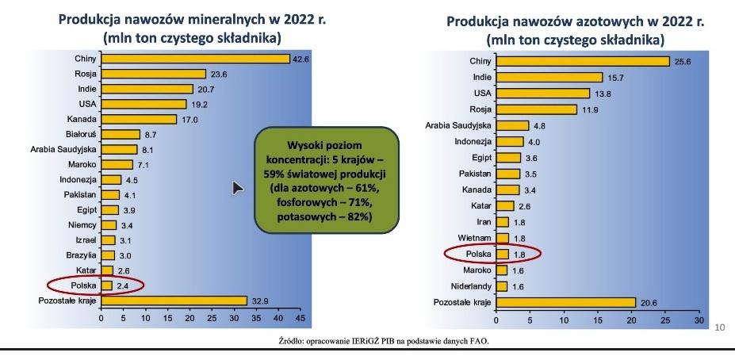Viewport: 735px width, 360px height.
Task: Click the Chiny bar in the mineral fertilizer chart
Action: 195,59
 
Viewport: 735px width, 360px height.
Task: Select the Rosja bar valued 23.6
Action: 153,74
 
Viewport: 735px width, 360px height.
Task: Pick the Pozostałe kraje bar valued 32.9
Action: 174,300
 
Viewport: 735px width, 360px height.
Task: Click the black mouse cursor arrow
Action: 236,187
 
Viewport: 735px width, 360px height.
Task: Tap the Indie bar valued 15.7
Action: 548,77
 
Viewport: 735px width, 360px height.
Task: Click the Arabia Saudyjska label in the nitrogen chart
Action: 457,125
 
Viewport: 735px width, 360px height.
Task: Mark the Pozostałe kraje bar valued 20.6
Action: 565,302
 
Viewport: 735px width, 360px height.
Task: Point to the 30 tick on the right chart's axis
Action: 699,321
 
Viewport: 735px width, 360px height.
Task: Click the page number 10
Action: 720,327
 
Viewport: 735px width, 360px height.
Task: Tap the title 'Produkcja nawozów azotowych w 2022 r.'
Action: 576,21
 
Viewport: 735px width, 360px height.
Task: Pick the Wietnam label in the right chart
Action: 473,238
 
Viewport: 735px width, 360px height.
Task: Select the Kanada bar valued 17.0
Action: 139,119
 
